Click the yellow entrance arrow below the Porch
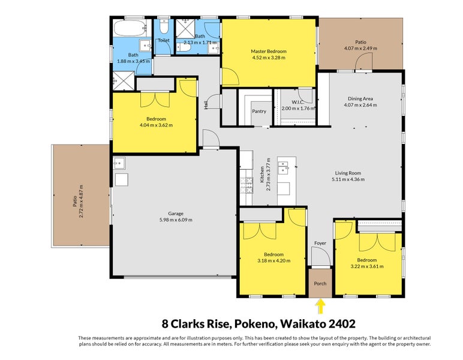click(x=320, y=307)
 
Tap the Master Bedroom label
click(x=269, y=51)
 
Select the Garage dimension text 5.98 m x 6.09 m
click(x=176, y=220)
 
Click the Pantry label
click(x=259, y=112)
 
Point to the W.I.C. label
click(x=298, y=102)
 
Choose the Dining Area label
click(x=360, y=98)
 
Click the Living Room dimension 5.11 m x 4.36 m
click(x=348, y=179)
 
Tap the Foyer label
click(x=320, y=243)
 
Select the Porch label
click(x=320, y=284)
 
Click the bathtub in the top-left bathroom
click(x=130, y=28)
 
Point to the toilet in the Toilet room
click(x=164, y=26)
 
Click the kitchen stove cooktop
click(x=246, y=185)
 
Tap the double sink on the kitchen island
click(x=283, y=167)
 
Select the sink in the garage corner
click(x=119, y=163)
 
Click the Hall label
click(x=206, y=105)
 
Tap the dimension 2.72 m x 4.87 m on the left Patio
click(x=82, y=201)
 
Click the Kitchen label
click(x=262, y=174)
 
